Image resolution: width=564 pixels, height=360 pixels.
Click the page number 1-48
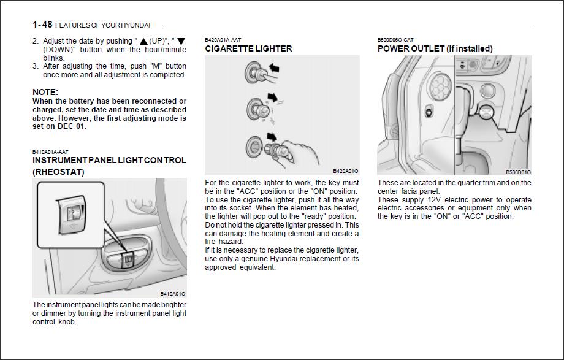[42, 25]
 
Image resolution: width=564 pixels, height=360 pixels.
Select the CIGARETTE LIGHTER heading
[248, 48]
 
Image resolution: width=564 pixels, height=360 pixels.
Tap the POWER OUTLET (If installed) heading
[435, 48]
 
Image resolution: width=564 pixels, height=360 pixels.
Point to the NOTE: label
[45, 92]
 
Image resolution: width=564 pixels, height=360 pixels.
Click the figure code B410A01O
[173, 294]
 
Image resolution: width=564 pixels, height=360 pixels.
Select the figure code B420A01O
[346, 171]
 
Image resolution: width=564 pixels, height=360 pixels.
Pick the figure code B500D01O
[518, 172]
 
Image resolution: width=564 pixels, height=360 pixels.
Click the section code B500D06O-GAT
[395, 40]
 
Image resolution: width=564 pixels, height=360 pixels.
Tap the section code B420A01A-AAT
[223, 40]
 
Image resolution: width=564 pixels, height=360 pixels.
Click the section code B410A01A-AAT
[50, 151]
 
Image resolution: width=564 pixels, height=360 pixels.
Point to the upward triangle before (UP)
[143, 42]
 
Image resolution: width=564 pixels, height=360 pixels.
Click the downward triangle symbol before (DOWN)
[181, 42]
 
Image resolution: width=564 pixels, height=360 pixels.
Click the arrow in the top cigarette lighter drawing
[273, 67]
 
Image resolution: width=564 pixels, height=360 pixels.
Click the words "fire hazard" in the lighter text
[224, 242]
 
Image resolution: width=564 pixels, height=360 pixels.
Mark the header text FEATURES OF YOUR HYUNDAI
[102, 25]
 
